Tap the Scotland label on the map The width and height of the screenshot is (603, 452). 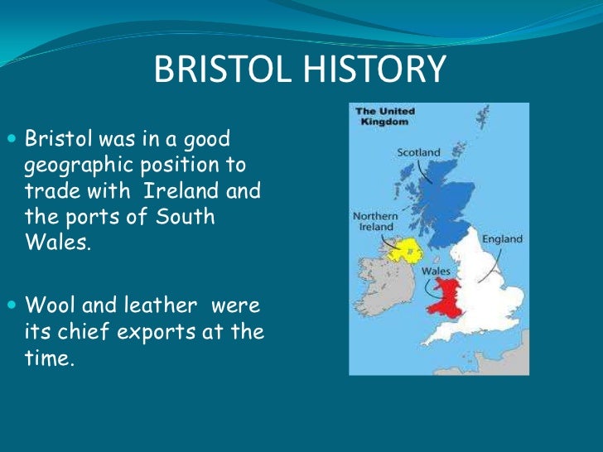(418, 152)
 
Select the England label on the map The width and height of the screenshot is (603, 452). (504, 239)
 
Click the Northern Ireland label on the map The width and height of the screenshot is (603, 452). (375, 222)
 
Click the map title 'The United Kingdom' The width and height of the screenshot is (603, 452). (384, 116)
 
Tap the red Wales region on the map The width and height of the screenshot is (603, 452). (443, 297)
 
